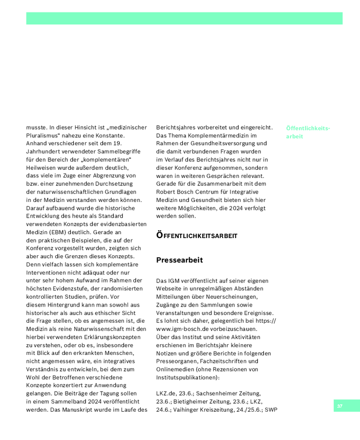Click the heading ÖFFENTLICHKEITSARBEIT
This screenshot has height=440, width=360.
tap(197, 236)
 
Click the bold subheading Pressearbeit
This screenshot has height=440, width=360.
tap(179, 260)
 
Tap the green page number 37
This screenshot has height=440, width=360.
tap(339, 406)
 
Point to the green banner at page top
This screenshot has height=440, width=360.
tap(184, 19)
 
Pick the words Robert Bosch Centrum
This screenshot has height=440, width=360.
tap(189, 192)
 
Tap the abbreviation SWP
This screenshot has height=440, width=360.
tap(271, 409)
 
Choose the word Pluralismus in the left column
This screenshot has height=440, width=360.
tap(42, 135)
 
